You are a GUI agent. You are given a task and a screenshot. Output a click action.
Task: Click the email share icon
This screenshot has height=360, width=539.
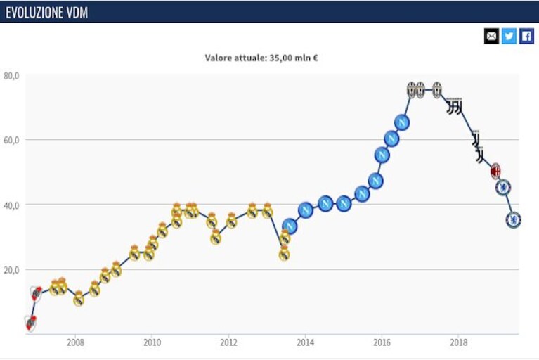(x=491, y=36)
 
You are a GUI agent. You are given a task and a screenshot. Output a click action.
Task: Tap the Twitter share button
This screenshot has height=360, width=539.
(x=509, y=36)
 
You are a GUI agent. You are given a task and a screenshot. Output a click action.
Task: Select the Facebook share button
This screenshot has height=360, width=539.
(x=526, y=36)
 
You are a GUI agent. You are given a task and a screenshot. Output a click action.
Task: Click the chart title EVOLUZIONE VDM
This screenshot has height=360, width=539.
(x=47, y=13)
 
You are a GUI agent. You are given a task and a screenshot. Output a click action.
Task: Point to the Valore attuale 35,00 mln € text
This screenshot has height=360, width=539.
(x=261, y=58)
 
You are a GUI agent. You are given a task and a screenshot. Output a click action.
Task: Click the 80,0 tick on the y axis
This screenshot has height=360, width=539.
(x=11, y=76)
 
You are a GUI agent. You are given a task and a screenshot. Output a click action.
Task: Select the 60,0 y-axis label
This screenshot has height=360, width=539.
(x=11, y=141)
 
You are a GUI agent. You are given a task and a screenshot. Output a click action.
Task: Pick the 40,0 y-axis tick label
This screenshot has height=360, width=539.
(x=11, y=205)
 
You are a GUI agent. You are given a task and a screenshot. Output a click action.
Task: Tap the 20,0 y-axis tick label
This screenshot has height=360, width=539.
(x=11, y=270)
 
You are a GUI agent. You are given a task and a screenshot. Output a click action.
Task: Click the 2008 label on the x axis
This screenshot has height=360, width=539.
(x=75, y=342)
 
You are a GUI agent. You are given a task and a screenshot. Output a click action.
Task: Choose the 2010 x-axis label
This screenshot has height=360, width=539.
(x=152, y=342)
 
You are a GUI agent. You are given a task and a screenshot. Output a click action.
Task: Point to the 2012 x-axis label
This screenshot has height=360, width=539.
(x=228, y=342)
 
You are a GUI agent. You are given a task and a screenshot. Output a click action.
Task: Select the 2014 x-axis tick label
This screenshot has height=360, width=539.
(x=305, y=342)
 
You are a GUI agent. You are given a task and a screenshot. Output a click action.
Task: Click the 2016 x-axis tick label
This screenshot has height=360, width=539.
(x=382, y=342)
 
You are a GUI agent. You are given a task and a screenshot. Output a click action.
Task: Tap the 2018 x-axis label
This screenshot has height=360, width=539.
(x=459, y=342)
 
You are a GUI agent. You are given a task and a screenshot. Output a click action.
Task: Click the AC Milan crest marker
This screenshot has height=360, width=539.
(x=495, y=171)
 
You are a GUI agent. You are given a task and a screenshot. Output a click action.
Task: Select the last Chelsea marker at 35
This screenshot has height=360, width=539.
(x=514, y=219)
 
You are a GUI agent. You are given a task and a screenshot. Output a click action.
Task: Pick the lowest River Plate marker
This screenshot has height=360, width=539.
(x=31, y=323)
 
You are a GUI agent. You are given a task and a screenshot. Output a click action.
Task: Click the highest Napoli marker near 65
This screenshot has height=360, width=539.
(x=401, y=122)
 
